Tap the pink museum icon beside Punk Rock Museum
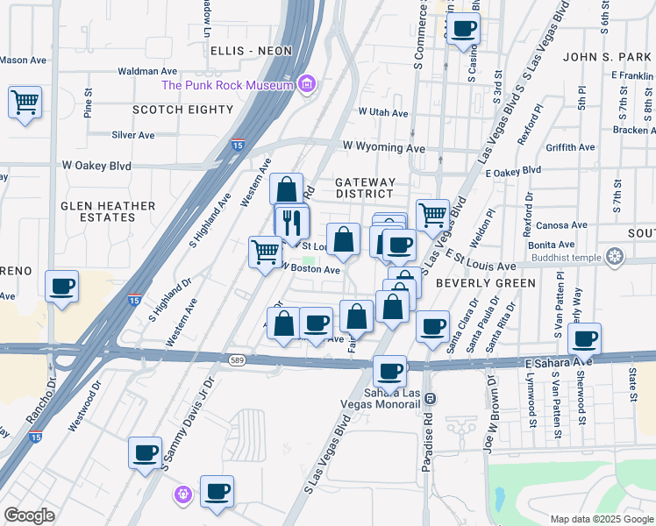click(x=306, y=85)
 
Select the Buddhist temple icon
click(x=616, y=256)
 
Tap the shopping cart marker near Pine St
click(x=25, y=102)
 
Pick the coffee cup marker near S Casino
click(x=463, y=27)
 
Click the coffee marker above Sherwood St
click(x=585, y=338)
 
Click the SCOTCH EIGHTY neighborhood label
click(x=182, y=110)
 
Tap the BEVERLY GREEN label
click(x=485, y=283)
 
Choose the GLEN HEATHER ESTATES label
click(x=108, y=212)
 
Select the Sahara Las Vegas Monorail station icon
click(x=430, y=398)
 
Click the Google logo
click(x=30, y=515)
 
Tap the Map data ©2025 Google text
click(x=601, y=519)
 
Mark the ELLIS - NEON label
click(x=251, y=51)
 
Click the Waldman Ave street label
click(x=147, y=71)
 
